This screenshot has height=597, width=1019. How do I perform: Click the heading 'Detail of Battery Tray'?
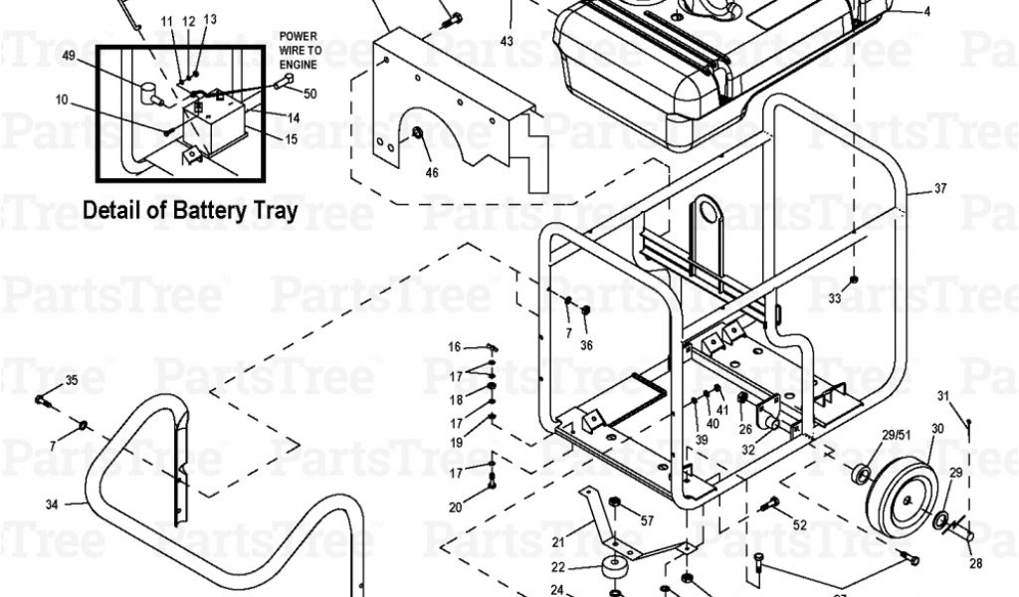coord(190,211)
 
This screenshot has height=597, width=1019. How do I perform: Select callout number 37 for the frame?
coord(940,190)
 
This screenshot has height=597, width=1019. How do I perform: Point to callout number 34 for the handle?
coord(52,503)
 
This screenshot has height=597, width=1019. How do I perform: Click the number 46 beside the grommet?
coord(431,172)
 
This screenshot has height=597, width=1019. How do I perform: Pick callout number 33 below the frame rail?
coord(834,298)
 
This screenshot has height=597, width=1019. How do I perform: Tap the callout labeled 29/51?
coord(897,434)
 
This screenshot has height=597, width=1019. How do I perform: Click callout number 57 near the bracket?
coord(647,520)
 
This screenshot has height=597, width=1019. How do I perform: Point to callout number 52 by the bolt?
coord(800,524)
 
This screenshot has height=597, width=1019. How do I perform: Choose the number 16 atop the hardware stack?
coord(455,347)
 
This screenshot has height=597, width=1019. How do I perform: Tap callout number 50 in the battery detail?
coord(309,94)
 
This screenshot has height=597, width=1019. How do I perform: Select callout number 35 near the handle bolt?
coord(71,381)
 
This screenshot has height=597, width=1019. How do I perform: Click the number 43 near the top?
coord(507,42)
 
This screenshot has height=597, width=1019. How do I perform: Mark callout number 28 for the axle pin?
coord(975,564)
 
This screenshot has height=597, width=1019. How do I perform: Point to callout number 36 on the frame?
coord(586,345)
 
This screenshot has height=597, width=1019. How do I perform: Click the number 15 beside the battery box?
coord(291,139)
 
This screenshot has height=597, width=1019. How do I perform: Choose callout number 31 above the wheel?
coord(943,396)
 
